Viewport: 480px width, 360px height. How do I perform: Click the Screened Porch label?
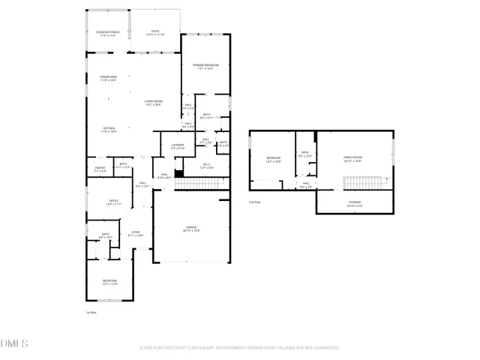(x=108, y=32)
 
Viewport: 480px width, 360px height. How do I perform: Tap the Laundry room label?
(x=178, y=145)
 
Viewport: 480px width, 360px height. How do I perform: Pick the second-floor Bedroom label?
(x=273, y=158)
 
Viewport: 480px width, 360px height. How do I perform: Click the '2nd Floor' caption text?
(x=255, y=202)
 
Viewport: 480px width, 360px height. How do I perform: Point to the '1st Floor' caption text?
(x=91, y=311)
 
